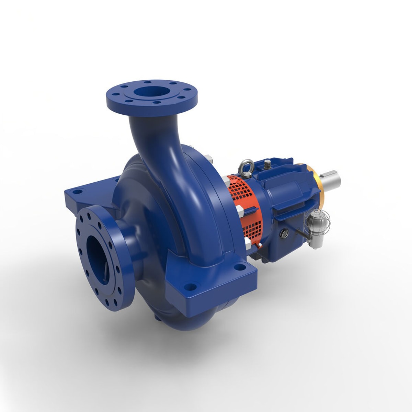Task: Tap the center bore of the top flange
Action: pyautogui.click(x=151, y=92)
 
